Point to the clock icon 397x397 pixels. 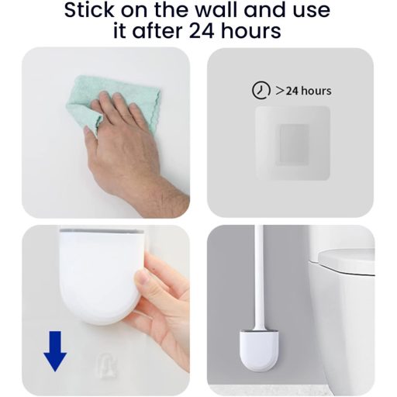(x=261, y=91)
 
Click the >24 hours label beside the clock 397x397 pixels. (x=303, y=91)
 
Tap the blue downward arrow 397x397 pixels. (x=55, y=350)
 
